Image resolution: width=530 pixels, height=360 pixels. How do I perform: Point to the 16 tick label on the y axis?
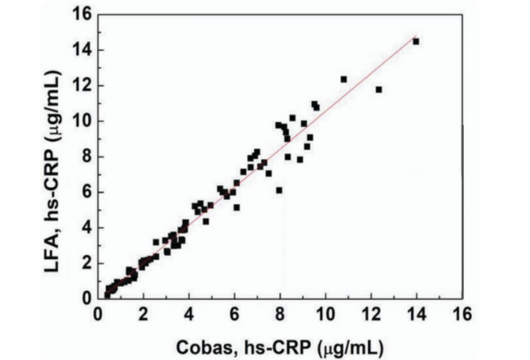[x=80, y=15]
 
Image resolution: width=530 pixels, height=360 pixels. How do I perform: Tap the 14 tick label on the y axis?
[x=80, y=50]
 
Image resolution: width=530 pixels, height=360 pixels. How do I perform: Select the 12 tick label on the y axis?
[x=80, y=86]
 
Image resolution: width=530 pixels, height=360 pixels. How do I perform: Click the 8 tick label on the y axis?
[x=84, y=156]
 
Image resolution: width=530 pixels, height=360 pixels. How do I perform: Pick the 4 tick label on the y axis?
[x=84, y=227]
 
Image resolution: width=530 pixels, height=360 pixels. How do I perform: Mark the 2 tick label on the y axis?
[x=84, y=262]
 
